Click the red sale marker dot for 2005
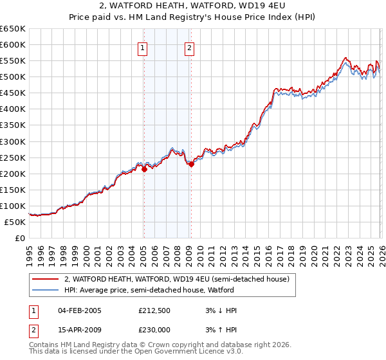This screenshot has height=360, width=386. [x=144, y=170]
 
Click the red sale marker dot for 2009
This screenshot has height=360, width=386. [x=191, y=164]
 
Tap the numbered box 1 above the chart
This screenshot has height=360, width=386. [x=142, y=47]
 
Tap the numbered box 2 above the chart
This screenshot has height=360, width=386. [x=190, y=47]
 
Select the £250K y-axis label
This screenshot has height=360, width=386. [x=13, y=157]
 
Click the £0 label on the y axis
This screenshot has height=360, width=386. [x=20, y=239]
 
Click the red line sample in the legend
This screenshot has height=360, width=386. [x=46, y=279]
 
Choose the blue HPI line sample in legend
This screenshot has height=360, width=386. [x=46, y=290]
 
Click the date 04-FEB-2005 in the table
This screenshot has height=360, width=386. [x=80, y=310]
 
